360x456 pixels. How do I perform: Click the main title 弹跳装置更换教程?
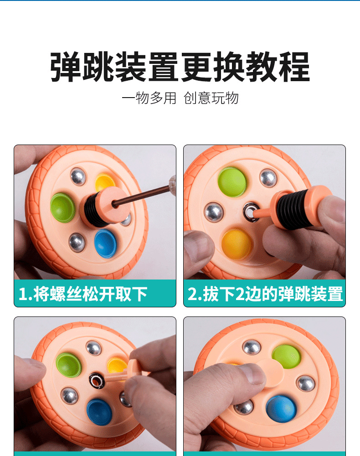click(x=180, y=67)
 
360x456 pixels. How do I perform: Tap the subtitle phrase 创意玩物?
click(x=211, y=98)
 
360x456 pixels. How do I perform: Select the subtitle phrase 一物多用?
click(x=149, y=98)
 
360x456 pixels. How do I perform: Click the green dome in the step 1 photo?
click(x=62, y=207)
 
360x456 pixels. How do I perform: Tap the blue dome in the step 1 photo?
click(x=105, y=243)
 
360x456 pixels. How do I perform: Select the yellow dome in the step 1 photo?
click(x=105, y=181)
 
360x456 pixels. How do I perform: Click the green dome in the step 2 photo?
click(x=232, y=181)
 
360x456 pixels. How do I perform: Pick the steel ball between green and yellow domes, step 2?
click(x=213, y=212)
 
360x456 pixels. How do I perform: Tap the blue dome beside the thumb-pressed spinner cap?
click(x=281, y=408)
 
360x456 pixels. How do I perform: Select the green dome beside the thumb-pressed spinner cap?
click(x=286, y=356)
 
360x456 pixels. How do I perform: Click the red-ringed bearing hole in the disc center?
click(x=97, y=379)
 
